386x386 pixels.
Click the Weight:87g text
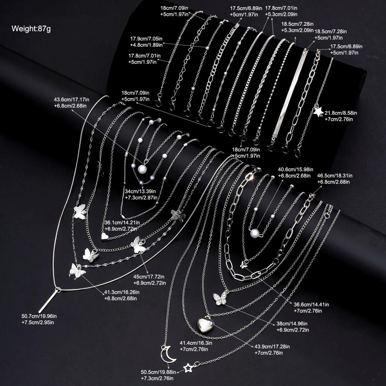pyautogui.click(x=31, y=28)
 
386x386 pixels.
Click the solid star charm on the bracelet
pyautogui.click(x=318, y=112)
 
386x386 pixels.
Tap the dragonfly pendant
pyautogui.click(x=177, y=215)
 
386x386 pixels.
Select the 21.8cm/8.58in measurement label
pyautogui.click(x=341, y=113)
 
